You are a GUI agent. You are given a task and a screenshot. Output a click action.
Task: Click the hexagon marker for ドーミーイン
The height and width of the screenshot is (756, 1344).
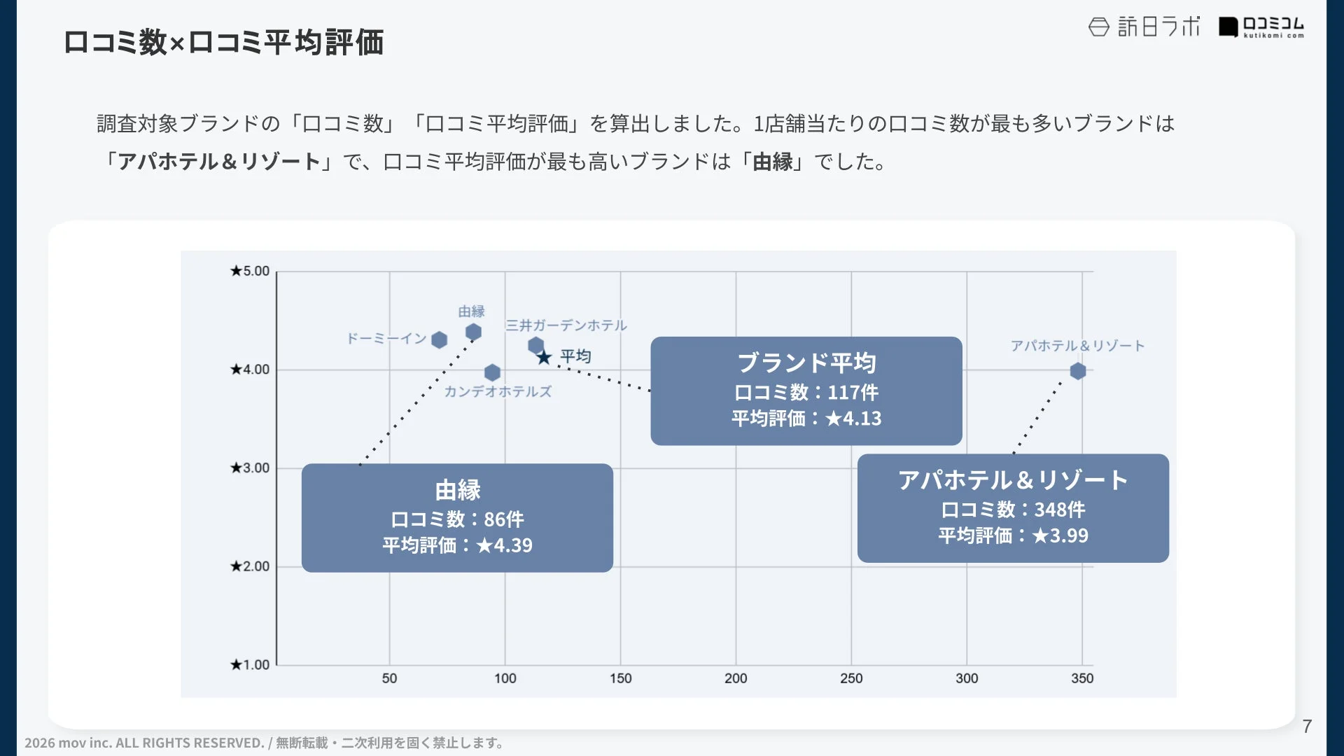pos(439,340)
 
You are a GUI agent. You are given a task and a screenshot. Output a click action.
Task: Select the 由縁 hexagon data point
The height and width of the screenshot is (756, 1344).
pos(473,332)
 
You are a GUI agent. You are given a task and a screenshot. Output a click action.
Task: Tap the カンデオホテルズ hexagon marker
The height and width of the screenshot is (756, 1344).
pos(492,372)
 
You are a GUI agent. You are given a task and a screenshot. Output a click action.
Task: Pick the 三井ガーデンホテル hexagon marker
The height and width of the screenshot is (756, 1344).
pos(535,345)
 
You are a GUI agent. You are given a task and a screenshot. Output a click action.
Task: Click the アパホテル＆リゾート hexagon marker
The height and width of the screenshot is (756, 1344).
pos(1078,371)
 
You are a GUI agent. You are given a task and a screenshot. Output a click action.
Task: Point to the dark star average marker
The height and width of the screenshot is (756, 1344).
pos(544,358)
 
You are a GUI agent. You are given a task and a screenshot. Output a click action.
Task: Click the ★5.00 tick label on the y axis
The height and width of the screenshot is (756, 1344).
pos(250,271)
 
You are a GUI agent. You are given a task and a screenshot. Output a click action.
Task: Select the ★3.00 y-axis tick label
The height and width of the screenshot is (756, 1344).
pos(250,468)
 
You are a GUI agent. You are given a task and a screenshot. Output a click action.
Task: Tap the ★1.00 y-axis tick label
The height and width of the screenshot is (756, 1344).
pos(250,664)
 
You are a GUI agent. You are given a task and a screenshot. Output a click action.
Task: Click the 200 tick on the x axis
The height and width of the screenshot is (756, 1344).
pos(736,678)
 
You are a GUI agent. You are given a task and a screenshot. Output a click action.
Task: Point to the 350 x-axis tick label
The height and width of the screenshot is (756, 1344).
pos(1082,678)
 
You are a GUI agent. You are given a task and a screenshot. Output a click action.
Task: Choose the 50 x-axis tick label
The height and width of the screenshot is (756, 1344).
pos(389,678)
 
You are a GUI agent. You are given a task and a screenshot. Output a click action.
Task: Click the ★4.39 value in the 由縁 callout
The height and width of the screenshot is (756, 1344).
pos(504,545)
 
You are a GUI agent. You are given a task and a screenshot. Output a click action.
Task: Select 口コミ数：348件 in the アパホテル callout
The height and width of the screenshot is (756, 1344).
pos(1013,510)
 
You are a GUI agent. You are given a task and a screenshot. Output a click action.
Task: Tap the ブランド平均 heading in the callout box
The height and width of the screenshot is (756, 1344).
pos(806,363)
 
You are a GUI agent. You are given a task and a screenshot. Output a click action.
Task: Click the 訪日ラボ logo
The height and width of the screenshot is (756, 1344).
pos(1144,27)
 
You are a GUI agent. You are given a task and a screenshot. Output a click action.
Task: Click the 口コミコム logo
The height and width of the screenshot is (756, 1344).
pos(1261,27)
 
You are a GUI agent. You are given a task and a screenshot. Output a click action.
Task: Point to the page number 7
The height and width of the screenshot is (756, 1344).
pos(1307,727)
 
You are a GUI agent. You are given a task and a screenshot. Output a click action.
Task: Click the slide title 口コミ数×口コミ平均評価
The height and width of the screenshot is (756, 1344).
pos(223,42)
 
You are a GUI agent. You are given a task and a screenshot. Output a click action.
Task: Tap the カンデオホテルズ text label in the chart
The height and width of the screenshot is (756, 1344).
pos(498,391)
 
